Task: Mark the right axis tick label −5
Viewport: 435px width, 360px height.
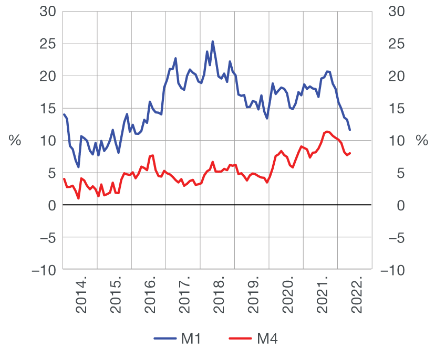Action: click(x=395, y=238)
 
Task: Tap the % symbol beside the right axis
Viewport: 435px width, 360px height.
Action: click(x=421, y=141)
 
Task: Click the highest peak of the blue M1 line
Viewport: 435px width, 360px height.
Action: click(x=213, y=41)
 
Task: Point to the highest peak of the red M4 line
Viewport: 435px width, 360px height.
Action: click(x=327, y=131)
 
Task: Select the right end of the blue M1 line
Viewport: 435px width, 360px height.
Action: click(x=350, y=130)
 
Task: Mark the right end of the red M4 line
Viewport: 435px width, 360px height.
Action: click(x=350, y=153)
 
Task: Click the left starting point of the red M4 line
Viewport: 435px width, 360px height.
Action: click(x=64, y=179)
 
